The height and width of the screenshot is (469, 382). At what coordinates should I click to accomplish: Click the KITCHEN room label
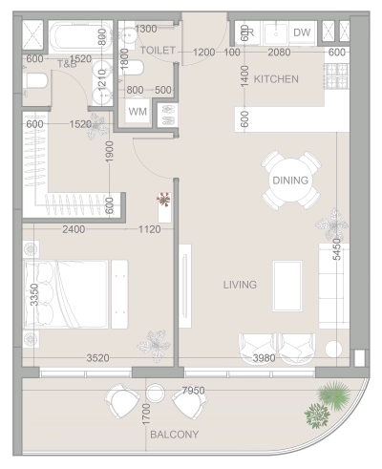click(276, 78)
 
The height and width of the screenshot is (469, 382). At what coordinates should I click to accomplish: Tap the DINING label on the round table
click(290, 180)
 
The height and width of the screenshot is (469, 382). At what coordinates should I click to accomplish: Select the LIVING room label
click(240, 285)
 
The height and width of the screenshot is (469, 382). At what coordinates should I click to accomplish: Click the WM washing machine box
click(138, 112)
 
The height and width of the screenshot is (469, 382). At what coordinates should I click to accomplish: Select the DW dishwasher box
click(302, 33)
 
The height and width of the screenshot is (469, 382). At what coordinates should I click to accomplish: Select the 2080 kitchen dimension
click(280, 52)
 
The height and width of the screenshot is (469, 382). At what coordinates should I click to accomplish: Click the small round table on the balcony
click(158, 393)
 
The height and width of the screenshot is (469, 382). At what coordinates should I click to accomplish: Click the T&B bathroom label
click(67, 65)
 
